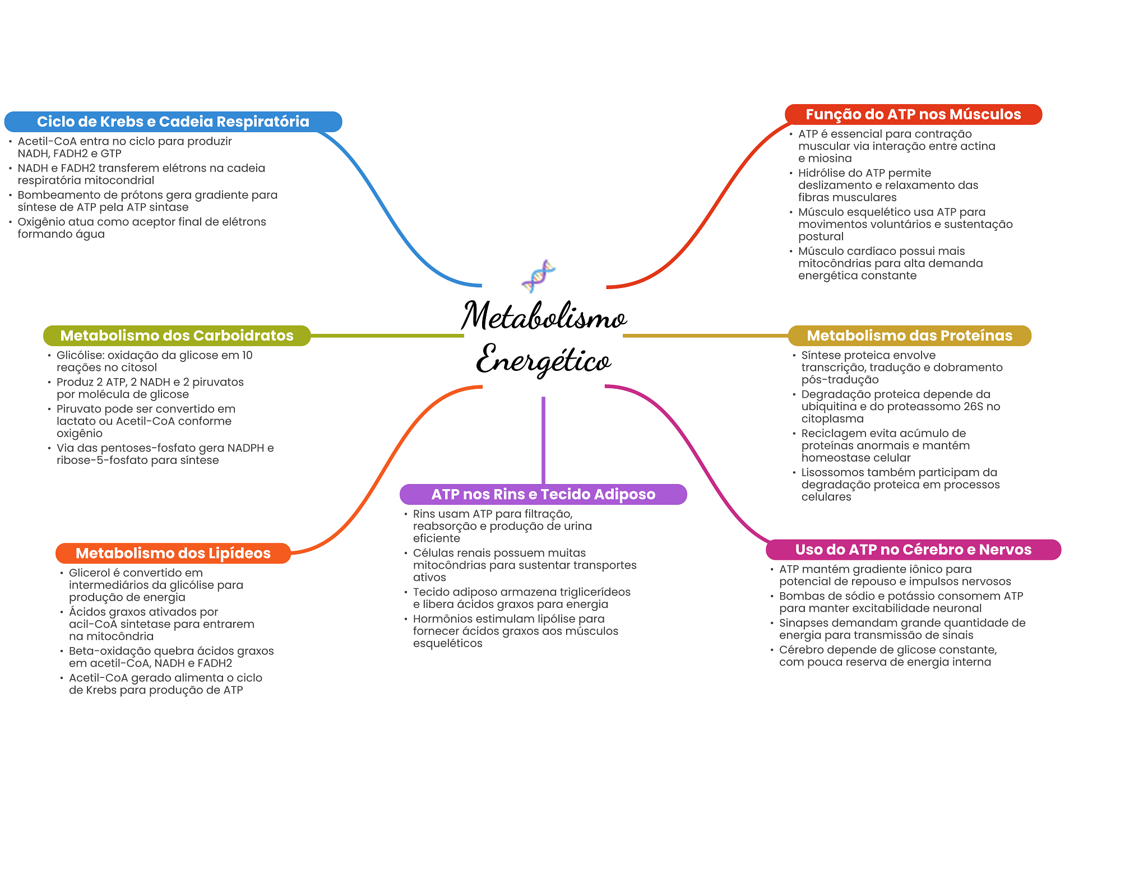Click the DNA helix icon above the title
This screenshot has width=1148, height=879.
click(539, 276)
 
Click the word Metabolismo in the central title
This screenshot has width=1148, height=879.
click(544, 316)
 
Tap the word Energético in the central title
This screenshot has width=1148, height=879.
click(544, 359)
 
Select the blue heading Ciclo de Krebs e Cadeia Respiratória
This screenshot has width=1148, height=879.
click(173, 122)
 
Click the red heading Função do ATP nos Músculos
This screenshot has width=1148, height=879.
click(913, 114)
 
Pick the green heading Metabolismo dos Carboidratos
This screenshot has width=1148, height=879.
click(177, 336)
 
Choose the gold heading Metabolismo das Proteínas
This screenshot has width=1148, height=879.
click(909, 336)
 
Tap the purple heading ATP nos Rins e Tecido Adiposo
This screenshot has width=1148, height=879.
click(543, 494)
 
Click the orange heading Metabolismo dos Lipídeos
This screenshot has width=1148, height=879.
click(173, 553)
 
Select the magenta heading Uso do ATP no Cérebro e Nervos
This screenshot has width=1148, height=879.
click(913, 550)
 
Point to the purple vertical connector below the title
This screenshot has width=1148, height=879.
click(543, 440)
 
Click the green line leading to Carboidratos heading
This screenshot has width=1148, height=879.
click(387, 336)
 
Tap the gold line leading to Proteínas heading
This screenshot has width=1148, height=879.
click(706, 336)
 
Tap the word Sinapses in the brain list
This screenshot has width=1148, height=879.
click(801, 623)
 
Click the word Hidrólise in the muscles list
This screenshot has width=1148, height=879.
click(820, 173)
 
